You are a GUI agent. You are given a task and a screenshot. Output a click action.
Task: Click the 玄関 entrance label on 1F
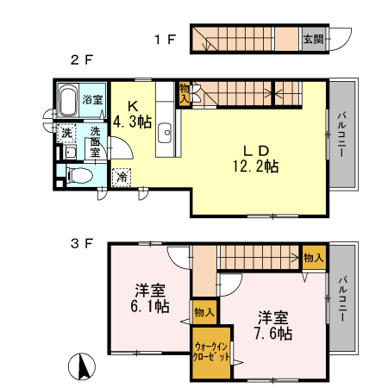(312, 40)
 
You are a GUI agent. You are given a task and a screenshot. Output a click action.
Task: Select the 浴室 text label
(92, 100)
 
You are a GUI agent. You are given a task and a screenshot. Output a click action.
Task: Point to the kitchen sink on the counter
(166, 134)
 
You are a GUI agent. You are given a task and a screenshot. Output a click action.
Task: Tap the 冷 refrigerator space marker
(122, 175)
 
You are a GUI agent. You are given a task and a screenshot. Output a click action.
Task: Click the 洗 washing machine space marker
(66, 135)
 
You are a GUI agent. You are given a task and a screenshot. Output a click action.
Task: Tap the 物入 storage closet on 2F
(185, 93)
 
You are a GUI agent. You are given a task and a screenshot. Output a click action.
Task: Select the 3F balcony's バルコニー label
(342, 298)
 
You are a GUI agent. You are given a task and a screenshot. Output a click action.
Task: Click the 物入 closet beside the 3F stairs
(313, 258)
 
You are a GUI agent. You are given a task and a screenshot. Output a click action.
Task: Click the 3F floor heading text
(81, 244)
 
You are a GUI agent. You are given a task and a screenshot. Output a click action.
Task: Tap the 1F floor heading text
(166, 39)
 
